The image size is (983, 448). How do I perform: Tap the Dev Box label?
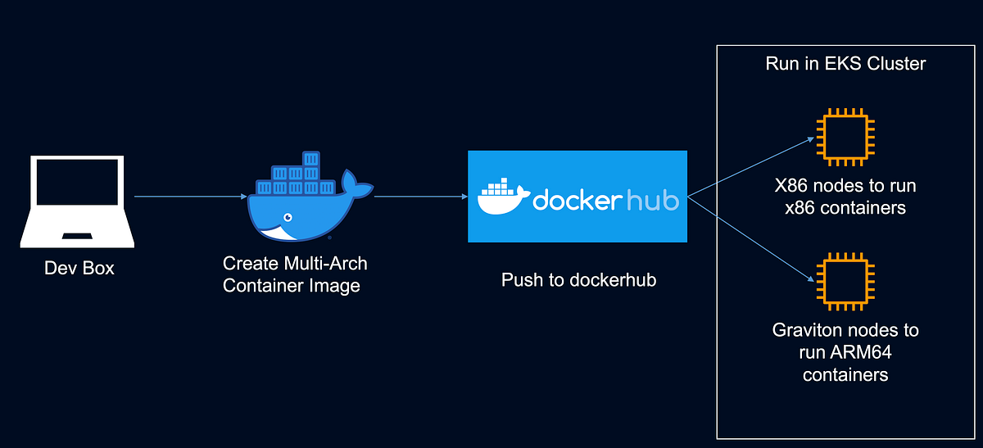click(79, 268)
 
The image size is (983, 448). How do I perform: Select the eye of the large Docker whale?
click(287, 218)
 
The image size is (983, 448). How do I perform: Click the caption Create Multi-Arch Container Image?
click(296, 275)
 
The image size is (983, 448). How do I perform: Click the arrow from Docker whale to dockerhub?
click(420, 197)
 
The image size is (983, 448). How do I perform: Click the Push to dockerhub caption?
click(578, 280)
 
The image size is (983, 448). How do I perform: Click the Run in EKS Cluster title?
click(845, 64)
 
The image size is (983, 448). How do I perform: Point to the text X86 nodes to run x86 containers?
click(845, 197)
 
